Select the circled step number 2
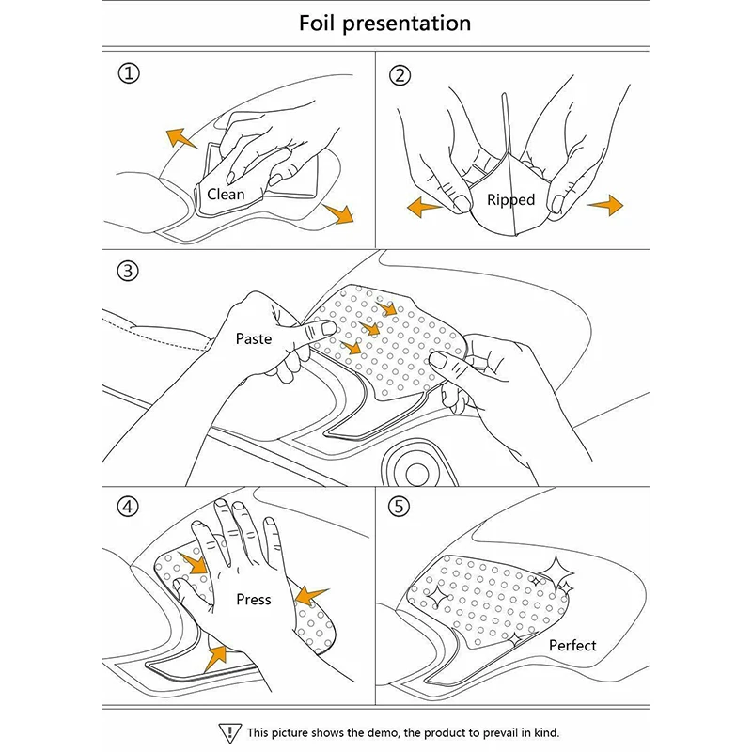(x=400, y=75)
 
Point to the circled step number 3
(x=128, y=272)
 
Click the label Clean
(x=226, y=195)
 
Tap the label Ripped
(x=510, y=199)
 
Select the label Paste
(x=254, y=337)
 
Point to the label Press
(x=253, y=600)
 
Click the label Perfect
(x=572, y=646)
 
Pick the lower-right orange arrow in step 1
(x=337, y=213)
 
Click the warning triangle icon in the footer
(x=227, y=731)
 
